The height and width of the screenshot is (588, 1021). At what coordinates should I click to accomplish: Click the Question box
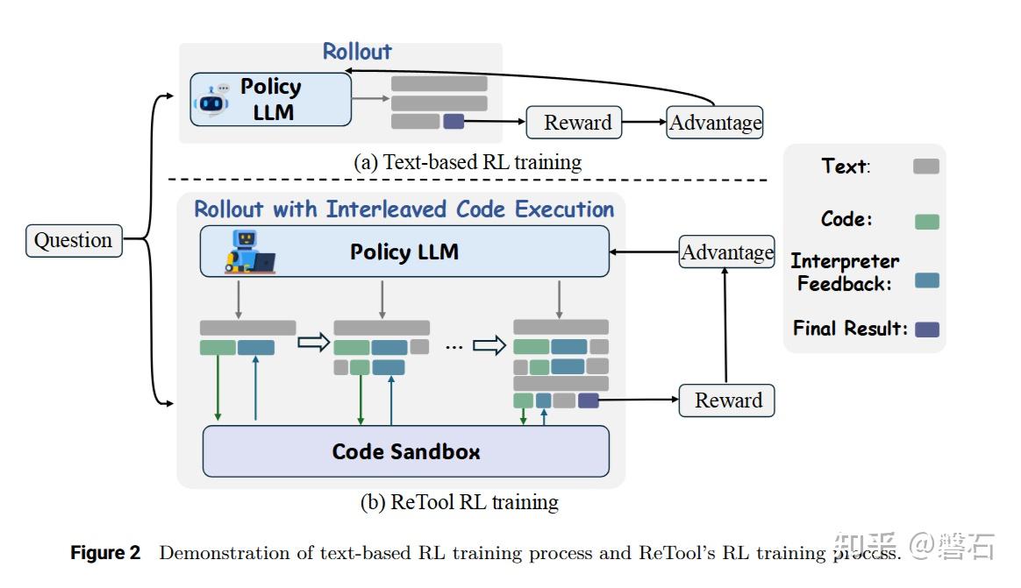tap(73, 240)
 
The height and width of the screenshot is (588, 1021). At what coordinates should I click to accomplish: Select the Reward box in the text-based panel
tap(575, 123)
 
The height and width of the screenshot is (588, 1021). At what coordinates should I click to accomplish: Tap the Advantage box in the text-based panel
tap(715, 123)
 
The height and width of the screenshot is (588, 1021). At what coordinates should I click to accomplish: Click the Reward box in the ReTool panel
tap(727, 400)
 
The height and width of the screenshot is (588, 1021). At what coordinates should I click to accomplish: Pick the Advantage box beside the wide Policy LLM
tap(727, 252)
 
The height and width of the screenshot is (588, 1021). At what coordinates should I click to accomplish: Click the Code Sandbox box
tap(405, 452)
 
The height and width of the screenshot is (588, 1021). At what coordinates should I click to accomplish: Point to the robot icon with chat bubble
tap(211, 101)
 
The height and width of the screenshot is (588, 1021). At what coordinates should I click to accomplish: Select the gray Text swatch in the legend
tap(926, 166)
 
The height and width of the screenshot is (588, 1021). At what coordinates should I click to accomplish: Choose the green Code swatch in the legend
tap(926, 222)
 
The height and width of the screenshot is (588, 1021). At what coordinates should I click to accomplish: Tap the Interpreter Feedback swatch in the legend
tap(926, 280)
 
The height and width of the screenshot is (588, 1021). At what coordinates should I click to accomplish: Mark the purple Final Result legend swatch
tap(926, 329)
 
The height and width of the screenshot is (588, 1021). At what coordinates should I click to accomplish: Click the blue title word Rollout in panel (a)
tap(357, 52)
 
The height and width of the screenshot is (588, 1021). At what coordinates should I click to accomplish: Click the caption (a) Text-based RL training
tap(468, 162)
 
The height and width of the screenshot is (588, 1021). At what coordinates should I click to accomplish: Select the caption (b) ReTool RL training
tap(460, 502)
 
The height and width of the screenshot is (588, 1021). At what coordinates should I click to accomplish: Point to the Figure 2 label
tap(105, 553)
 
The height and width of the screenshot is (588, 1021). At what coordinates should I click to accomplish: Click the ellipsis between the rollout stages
tap(453, 346)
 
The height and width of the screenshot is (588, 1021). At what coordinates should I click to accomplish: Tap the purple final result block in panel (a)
tap(453, 122)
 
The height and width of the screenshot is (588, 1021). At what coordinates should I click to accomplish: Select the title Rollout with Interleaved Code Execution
tap(403, 209)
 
